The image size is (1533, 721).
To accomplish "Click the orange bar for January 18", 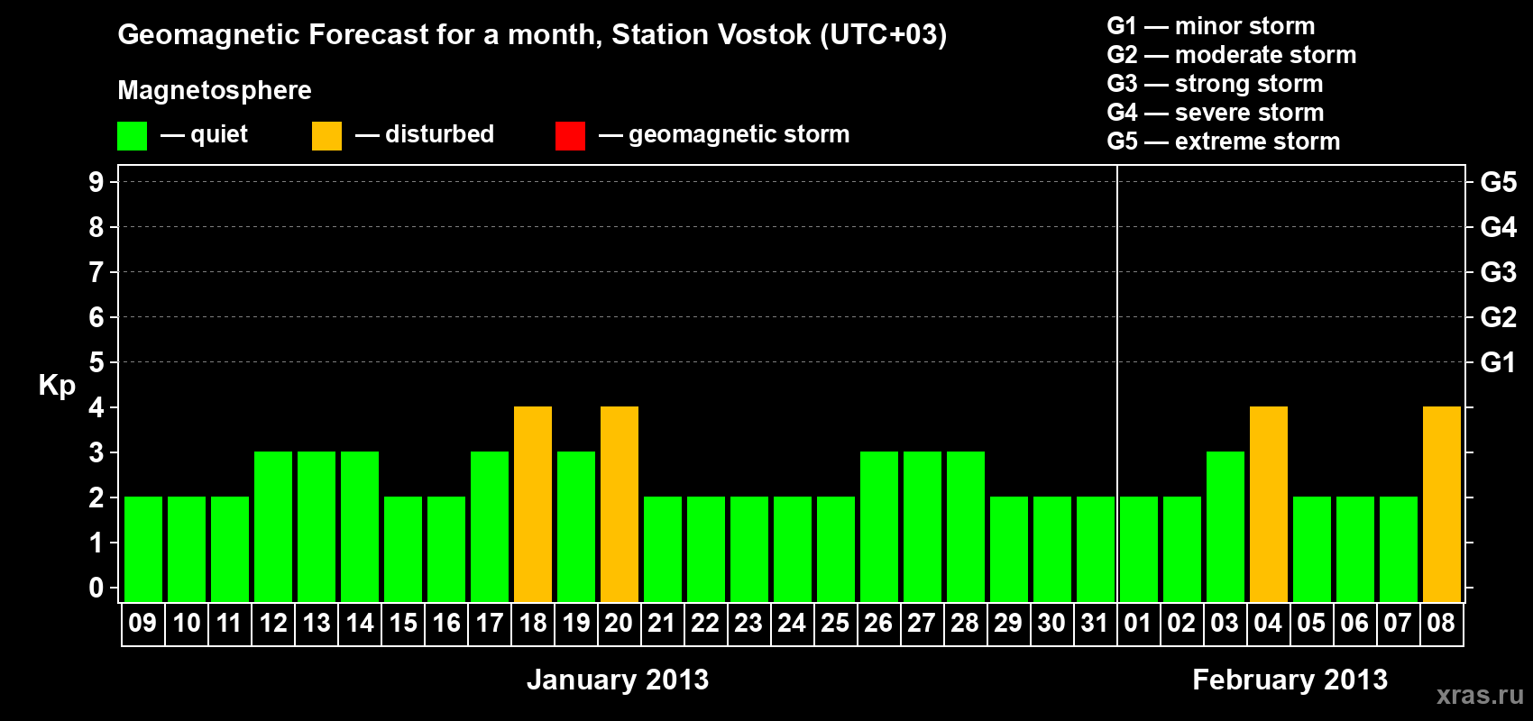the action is (532, 504).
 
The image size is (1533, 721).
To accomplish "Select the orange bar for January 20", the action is (620, 504).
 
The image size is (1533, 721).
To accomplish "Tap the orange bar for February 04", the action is (1268, 504).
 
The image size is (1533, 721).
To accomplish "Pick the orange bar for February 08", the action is (1441, 504).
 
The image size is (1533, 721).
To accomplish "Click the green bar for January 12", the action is (273, 526).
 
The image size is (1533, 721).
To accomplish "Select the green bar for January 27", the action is (922, 526).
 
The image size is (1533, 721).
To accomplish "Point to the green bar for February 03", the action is (1225, 526).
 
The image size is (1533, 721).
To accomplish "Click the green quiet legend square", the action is (132, 135).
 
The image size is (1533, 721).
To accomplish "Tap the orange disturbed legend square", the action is (326, 135).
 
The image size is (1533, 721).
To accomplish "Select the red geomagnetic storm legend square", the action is (570, 135).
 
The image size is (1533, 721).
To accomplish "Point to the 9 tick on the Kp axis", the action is (96, 182).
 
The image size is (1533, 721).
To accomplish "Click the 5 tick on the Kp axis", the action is (96, 362).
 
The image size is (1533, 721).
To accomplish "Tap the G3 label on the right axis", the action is (1498, 272).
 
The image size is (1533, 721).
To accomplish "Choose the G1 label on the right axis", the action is (1498, 362).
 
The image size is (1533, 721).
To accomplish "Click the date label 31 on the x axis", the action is (1095, 623).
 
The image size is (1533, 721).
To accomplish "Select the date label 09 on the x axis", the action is (142, 623).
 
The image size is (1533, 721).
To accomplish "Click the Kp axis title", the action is (57, 386).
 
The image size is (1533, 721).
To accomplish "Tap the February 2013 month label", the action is (1290, 680).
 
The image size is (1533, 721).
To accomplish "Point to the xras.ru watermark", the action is (1480, 695).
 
